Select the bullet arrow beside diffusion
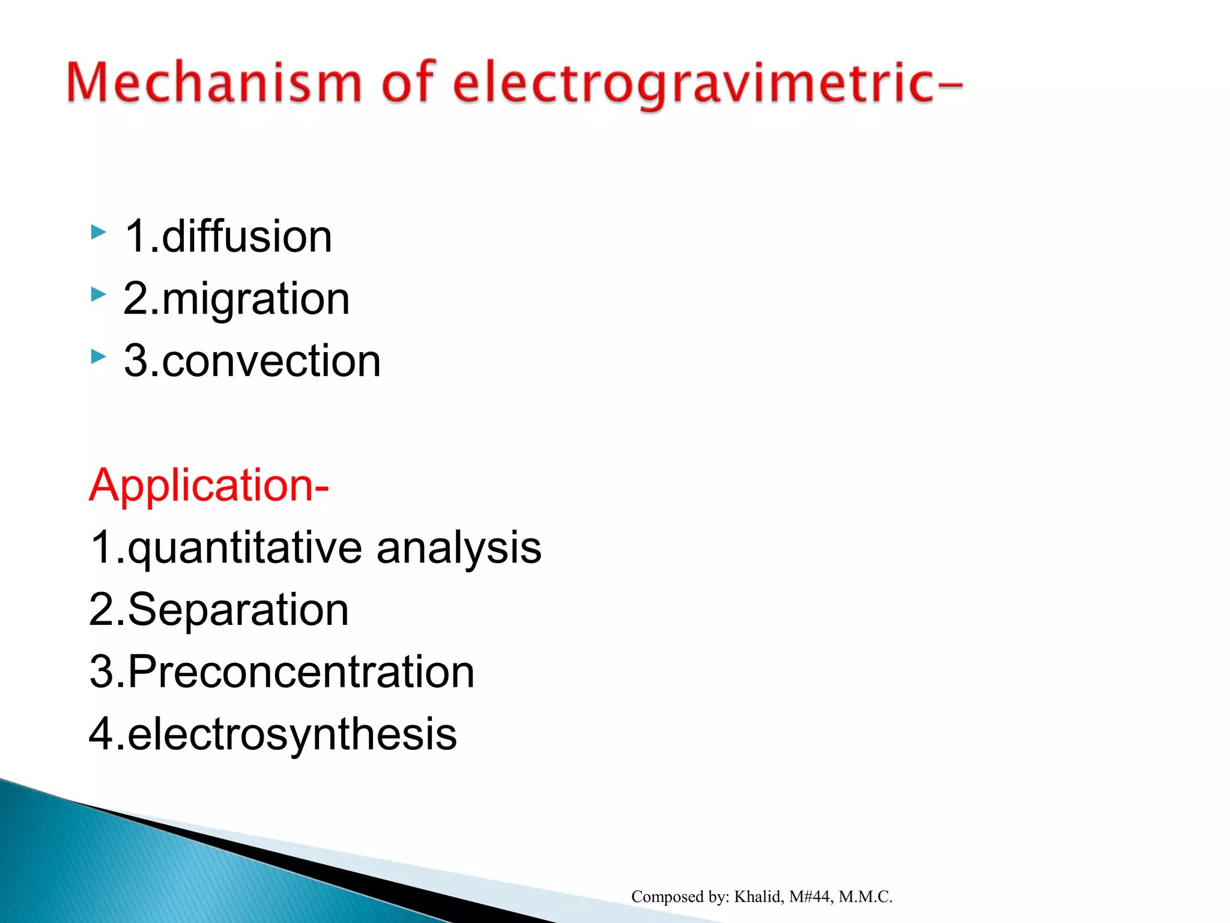98,232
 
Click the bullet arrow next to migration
98,294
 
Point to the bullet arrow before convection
98,357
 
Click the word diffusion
246,236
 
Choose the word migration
255,299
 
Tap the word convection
271,361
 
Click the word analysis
459,548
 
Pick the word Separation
238,610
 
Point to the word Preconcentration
301,672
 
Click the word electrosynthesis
292,734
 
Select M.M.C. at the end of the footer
865,897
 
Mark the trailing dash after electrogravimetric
949,87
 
